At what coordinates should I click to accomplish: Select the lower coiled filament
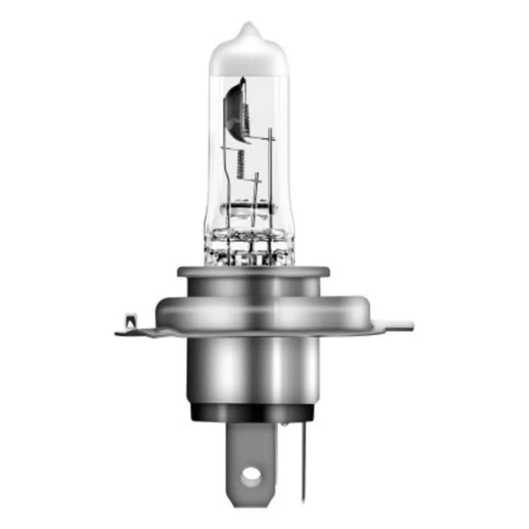coord(240,163)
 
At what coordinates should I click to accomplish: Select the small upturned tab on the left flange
coord(129,320)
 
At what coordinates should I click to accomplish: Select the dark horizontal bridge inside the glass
coord(247,205)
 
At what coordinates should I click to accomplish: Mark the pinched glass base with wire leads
coord(247,247)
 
